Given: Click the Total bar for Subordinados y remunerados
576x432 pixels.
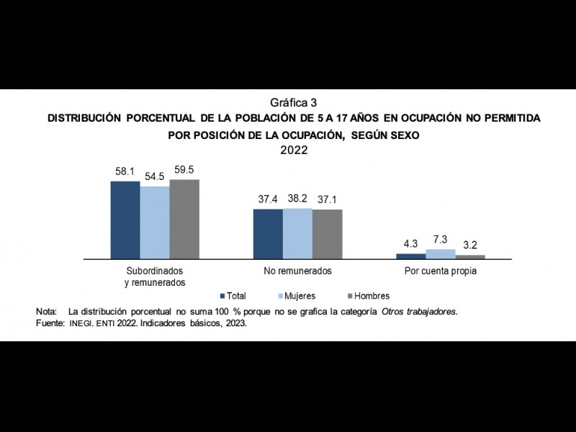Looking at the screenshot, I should (x=125, y=220).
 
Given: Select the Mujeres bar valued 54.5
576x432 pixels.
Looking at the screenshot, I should (x=155, y=222).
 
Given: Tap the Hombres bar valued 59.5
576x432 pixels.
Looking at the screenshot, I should (x=184, y=218).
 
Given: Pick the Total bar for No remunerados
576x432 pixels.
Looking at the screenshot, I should (x=268, y=233).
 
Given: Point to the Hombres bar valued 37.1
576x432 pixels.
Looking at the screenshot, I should (x=327, y=233).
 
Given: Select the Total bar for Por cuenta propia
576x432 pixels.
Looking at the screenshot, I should (x=411, y=256).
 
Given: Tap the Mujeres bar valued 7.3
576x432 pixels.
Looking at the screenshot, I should (x=441, y=253).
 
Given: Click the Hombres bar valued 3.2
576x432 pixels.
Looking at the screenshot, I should (x=470, y=256).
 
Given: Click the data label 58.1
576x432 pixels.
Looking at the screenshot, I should (x=125, y=173).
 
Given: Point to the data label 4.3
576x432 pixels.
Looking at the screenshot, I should (x=411, y=244).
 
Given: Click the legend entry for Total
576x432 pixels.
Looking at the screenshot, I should (x=233, y=296).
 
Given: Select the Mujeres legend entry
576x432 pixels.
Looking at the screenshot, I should (x=296, y=296).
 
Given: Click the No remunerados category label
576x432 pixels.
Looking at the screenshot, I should (x=297, y=271).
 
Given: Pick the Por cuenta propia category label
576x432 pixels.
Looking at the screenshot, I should (x=441, y=271).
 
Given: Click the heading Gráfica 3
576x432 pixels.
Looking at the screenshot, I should (x=293, y=102).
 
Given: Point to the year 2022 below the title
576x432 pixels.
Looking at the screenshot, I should (x=293, y=150).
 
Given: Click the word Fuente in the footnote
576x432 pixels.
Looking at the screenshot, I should (x=50, y=323).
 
